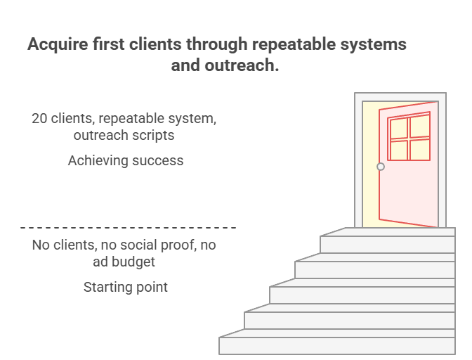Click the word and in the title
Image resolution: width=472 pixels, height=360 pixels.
coord(186,66)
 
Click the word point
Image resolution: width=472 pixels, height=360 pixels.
coord(152,288)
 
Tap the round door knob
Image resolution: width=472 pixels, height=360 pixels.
coord(381,167)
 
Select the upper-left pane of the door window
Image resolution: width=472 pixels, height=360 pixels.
coord(398,129)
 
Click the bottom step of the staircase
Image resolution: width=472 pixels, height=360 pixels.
coord(337,346)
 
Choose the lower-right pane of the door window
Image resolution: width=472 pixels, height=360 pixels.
coord(420,149)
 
